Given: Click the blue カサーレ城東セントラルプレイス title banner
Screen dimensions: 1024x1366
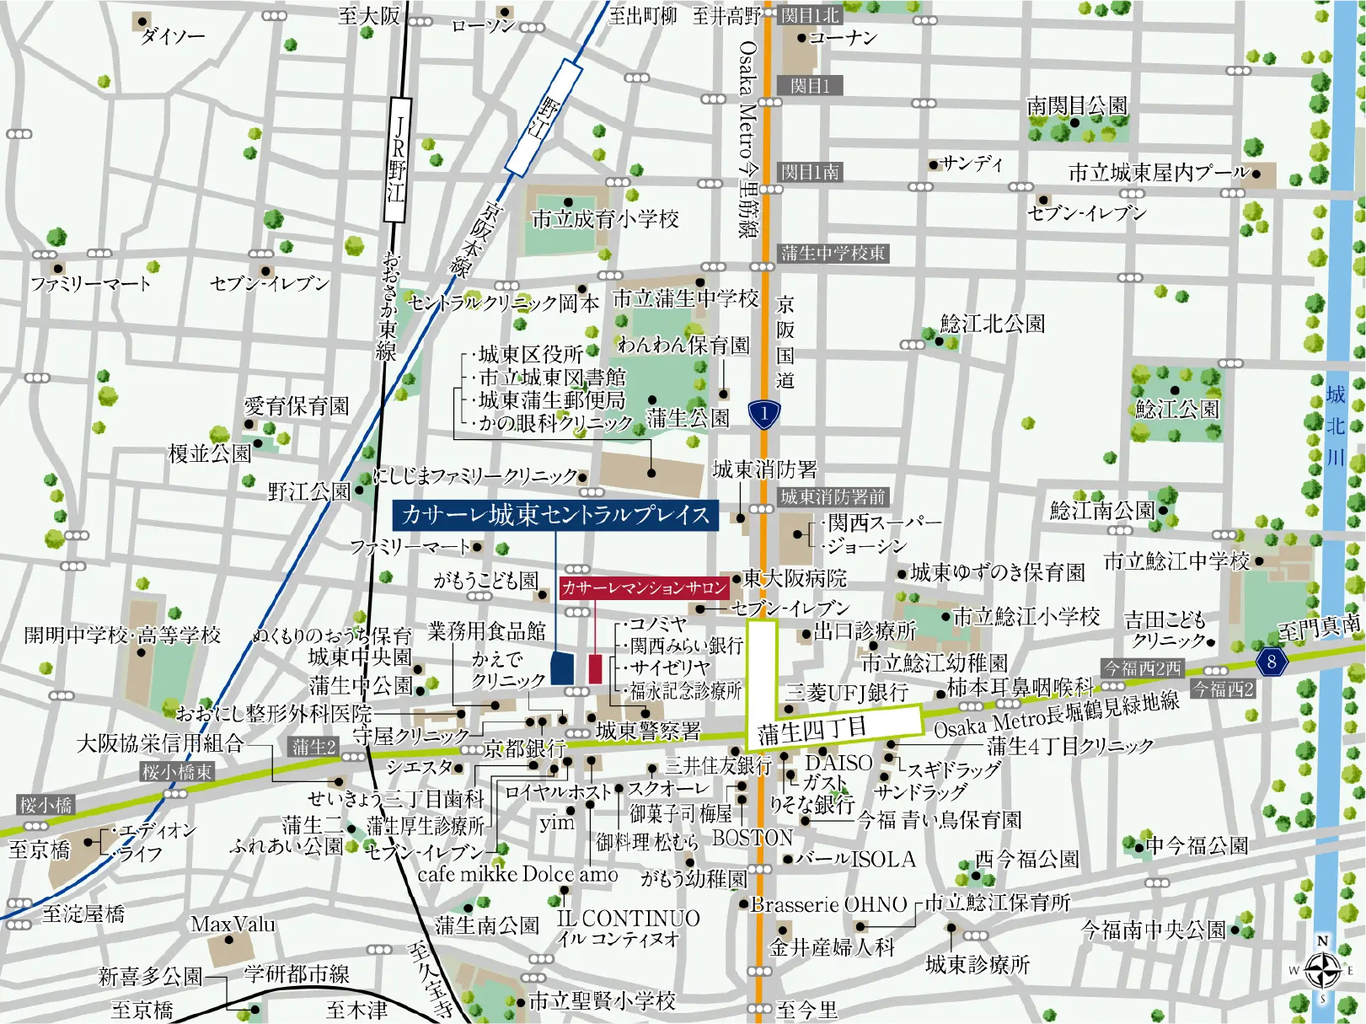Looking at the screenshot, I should [555, 514].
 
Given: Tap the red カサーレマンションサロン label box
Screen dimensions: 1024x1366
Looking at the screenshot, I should [644, 587].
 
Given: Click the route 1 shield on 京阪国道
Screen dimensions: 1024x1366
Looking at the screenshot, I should [763, 414].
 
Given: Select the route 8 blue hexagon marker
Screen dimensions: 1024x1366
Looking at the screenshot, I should [1271, 662].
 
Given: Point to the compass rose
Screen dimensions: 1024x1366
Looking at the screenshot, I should [1322, 969].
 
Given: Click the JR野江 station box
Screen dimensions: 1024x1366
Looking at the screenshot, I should [396, 159].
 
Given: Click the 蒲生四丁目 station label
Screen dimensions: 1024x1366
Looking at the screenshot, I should [812, 730].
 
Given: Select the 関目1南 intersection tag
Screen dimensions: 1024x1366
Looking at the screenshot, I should [810, 172].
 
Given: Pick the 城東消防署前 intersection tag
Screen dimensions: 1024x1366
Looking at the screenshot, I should [833, 496].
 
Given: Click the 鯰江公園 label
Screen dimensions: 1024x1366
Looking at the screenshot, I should [1176, 410].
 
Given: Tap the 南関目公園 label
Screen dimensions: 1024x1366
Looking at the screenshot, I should [1076, 106].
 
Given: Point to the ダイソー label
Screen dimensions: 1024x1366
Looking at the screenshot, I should [173, 36].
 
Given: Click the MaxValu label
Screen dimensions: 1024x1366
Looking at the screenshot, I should [233, 925].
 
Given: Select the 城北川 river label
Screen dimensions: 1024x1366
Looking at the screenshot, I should [1336, 426].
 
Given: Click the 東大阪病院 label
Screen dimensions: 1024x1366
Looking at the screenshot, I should [795, 578].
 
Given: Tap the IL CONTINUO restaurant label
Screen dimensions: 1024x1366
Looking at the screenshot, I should [629, 918].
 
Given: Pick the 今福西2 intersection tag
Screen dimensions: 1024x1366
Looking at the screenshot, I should [1223, 689].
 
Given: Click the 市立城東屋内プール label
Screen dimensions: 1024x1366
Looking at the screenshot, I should [1158, 173].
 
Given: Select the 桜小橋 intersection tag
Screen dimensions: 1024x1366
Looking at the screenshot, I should [46, 805].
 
